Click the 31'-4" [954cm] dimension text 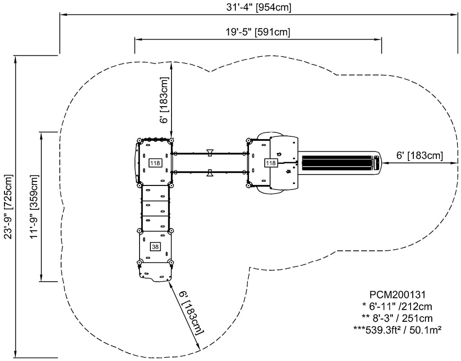[x=258, y=8]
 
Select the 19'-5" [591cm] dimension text [x=258, y=32]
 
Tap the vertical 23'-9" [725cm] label [x=9, y=207]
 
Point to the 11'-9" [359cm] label [x=34, y=207]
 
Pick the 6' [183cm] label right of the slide [x=420, y=155]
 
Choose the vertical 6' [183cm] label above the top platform [x=165, y=100]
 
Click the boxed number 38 [x=155, y=247]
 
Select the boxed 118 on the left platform [x=155, y=163]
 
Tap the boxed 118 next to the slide [x=271, y=162]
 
